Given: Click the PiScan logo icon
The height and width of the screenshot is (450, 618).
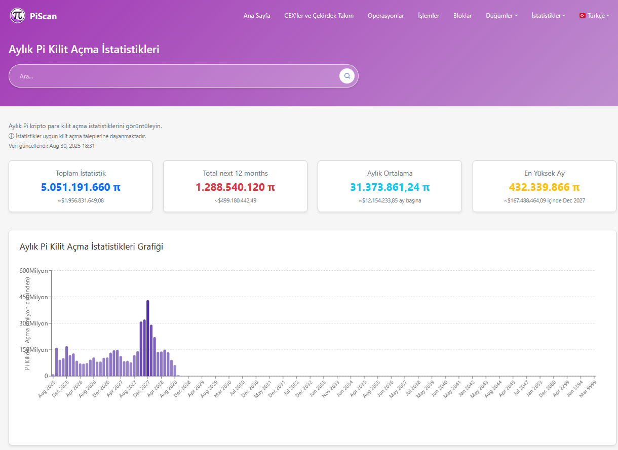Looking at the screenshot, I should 18,16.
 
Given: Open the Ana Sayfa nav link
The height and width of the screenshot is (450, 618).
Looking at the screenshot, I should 257,16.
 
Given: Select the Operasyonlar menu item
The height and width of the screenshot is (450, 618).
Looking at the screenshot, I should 385,16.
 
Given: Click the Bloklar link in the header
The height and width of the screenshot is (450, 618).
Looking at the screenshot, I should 462,16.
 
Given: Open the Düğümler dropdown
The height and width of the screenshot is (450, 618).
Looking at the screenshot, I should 501,16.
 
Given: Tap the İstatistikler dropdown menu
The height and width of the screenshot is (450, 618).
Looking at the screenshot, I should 548,16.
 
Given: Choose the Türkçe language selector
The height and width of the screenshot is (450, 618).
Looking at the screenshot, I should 594,16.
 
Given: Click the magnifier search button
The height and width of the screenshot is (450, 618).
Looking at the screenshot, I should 347,76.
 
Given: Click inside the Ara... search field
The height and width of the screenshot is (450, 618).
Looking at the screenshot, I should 172,76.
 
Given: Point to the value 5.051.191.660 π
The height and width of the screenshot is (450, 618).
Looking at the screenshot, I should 81,187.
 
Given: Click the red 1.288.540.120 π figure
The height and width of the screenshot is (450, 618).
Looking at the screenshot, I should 235,187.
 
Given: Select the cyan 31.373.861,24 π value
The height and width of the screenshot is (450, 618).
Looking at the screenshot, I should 390,187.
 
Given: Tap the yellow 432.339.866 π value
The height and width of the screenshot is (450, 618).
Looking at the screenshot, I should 544,187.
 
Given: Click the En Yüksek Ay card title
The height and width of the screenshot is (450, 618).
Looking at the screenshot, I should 544,173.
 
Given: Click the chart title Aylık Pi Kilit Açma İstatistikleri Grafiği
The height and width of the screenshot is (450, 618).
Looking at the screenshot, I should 91,247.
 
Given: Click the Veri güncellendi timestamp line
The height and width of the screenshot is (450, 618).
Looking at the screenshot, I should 52,146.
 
